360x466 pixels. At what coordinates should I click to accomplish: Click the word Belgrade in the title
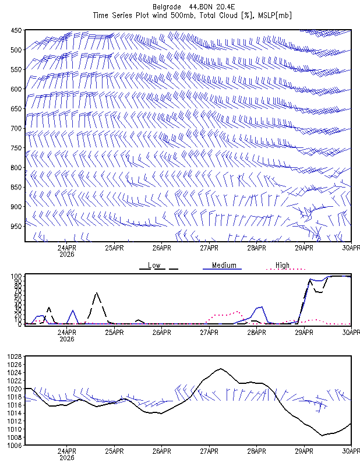(167, 6)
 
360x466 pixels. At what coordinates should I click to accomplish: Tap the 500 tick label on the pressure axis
(16, 50)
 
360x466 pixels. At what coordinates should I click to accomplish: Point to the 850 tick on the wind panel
(16, 187)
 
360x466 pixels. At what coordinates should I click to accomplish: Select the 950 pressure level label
(16, 227)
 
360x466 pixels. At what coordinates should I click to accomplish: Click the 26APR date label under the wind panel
(162, 248)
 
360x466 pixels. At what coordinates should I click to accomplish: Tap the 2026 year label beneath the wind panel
(67, 255)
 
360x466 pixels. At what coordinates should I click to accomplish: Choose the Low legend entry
(154, 266)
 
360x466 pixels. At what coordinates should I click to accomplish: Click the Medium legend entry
(224, 265)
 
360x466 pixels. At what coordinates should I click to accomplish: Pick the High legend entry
(282, 265)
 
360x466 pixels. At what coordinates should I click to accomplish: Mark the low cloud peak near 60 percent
(97, 293)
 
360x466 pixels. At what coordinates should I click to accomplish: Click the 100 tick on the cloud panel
(16, 276)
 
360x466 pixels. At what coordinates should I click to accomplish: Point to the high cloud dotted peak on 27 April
(237, 312)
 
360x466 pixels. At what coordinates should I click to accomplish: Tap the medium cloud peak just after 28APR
(262, 307)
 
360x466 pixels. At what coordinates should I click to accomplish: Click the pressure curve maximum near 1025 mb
(220, 369)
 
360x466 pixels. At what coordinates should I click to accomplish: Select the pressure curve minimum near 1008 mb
(322, 435)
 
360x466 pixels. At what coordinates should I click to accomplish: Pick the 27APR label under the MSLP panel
(209, 451)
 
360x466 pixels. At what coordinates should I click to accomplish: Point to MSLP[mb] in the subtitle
(275, 16)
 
